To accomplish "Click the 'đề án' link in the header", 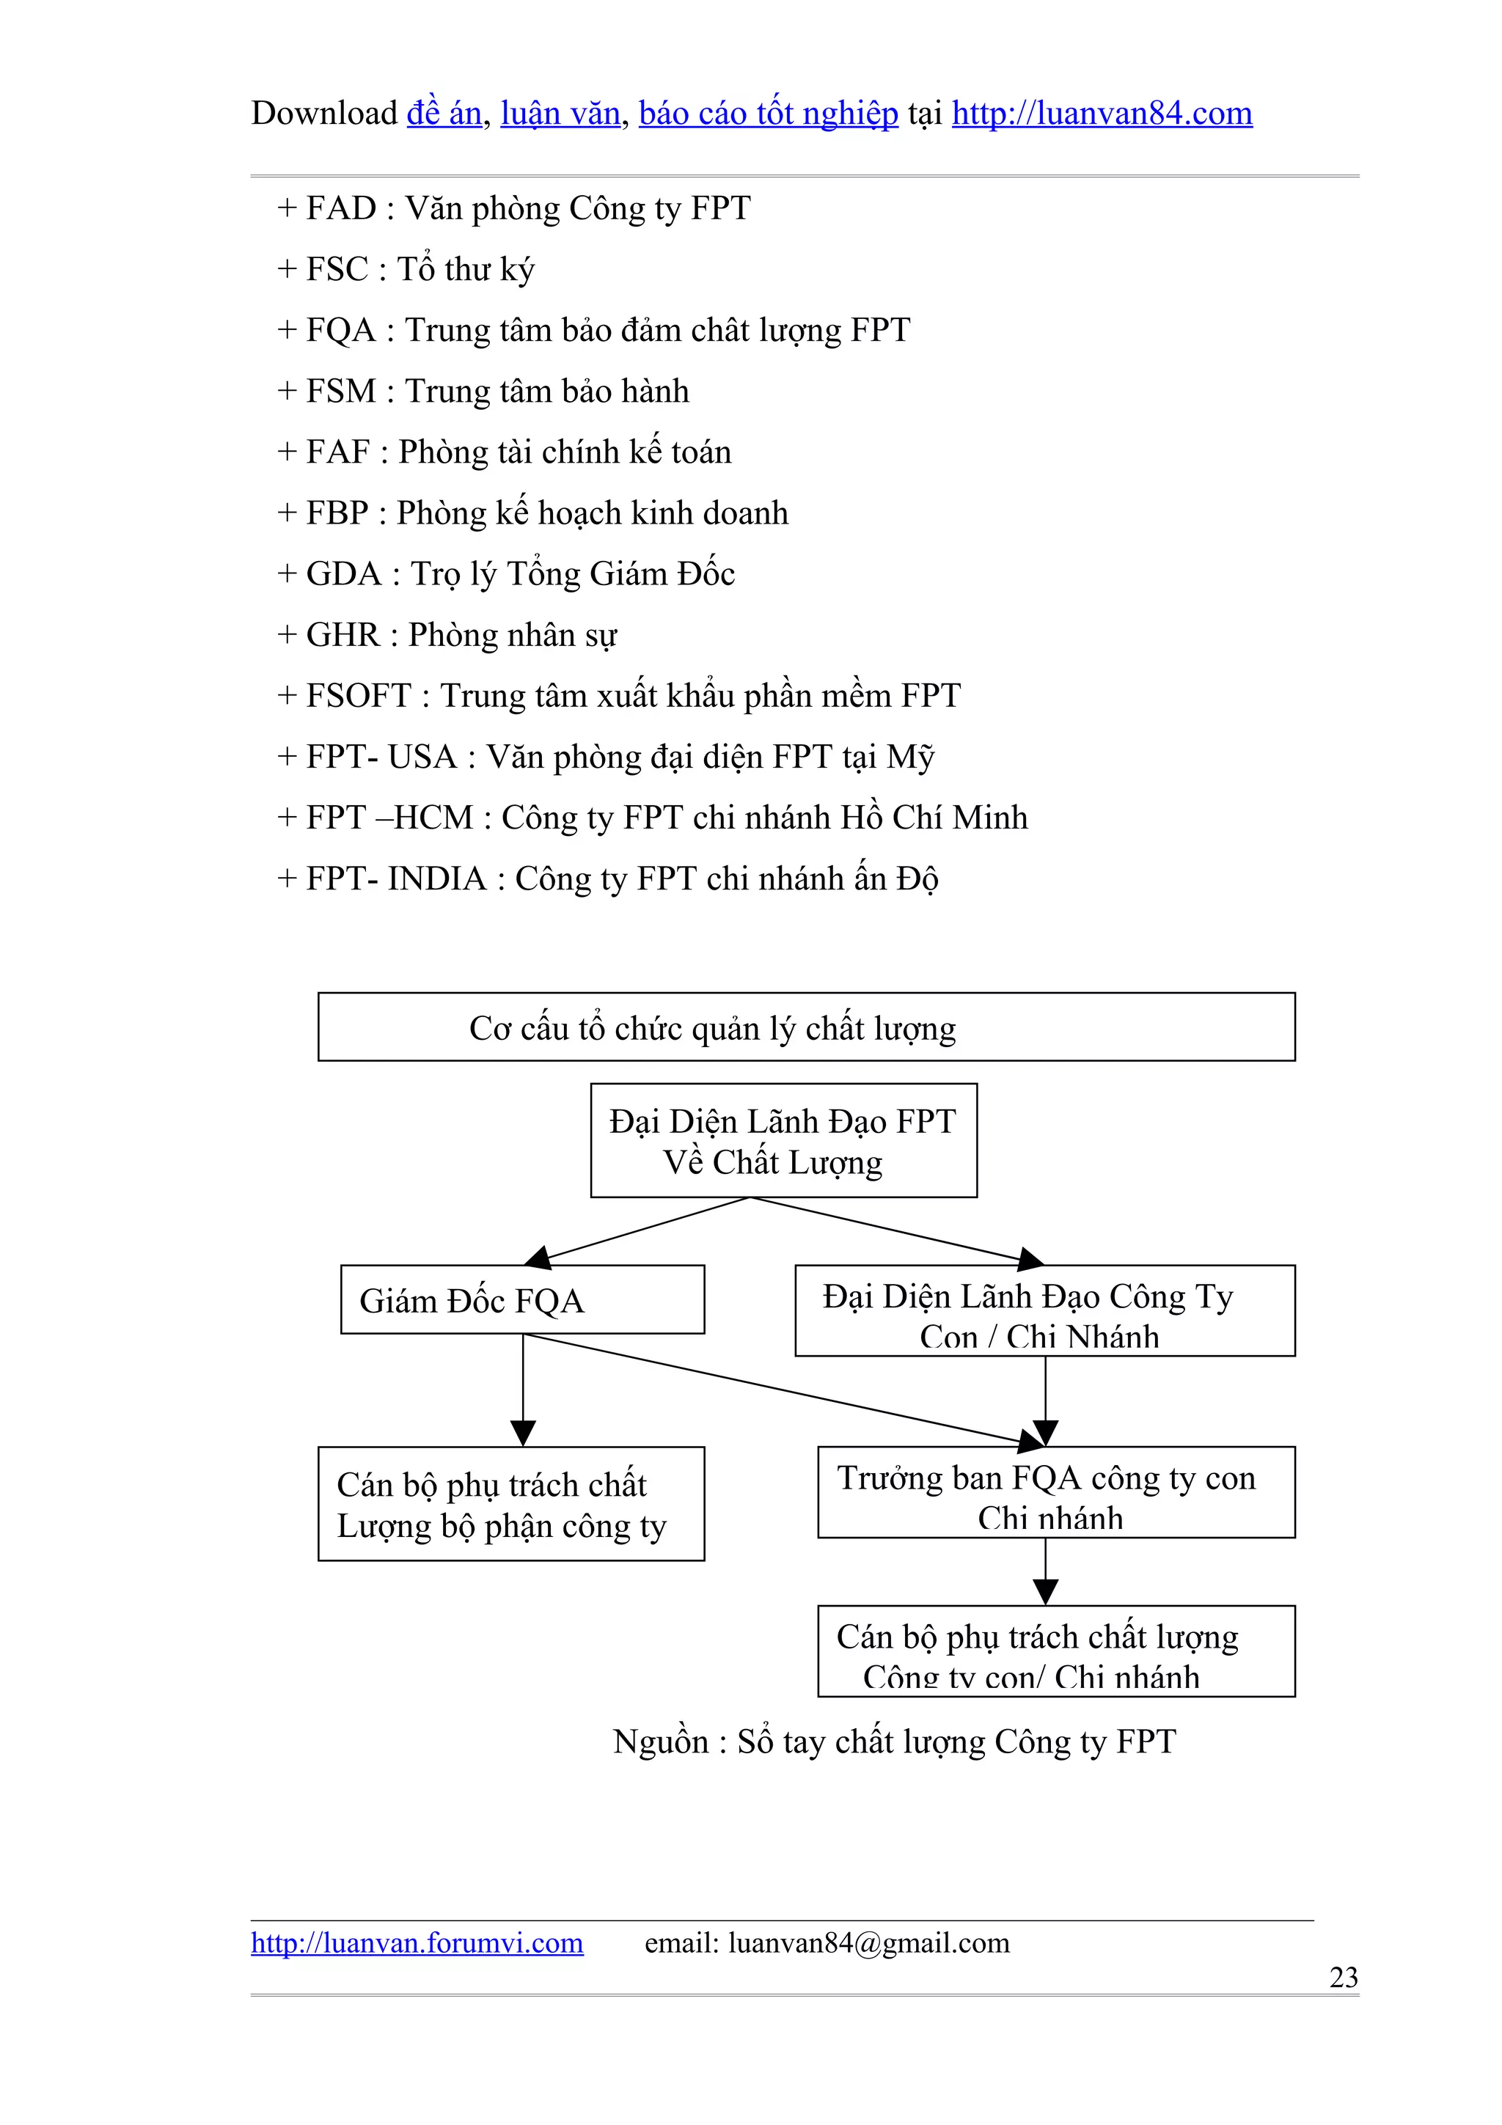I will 444,113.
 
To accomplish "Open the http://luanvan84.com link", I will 1102,113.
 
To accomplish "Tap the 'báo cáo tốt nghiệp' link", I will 768,113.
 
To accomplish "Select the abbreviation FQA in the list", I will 340,331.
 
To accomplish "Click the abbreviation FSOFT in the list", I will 358,696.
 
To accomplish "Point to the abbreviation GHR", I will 342,635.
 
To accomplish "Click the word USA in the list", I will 422,757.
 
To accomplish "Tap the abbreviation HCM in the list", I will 434,818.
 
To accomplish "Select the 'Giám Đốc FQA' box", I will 522,1299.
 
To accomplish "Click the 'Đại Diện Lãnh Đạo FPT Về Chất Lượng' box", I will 783,1140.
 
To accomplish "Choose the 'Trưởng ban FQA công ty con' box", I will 1055,1492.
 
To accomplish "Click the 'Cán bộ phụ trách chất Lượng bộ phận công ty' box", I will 511,1504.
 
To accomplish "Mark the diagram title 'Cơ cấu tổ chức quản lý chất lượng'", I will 805,1027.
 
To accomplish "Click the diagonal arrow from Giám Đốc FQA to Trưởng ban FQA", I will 777,1390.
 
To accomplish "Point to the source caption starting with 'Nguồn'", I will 894,1742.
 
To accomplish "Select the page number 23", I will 1343,1977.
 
